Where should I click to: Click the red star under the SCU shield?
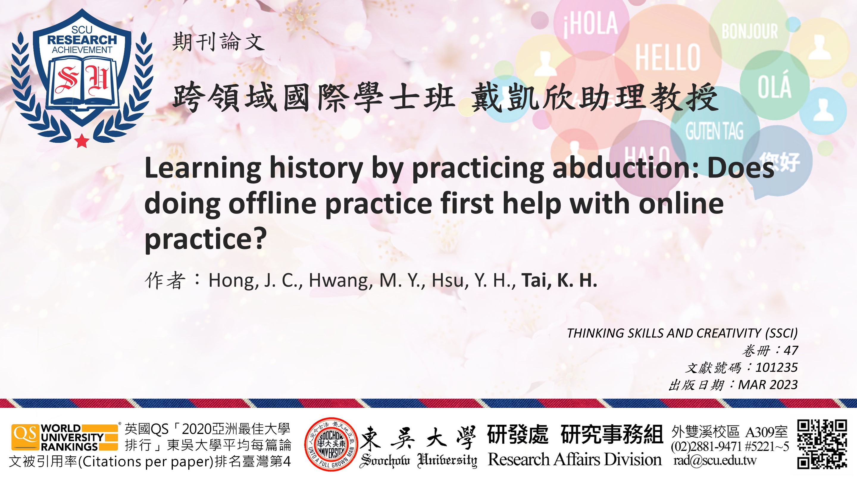(x=82, y=141)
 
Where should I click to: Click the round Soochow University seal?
(x=331, y=444)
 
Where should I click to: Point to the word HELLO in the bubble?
(x=668, y=57)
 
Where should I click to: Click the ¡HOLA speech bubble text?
(x=590, y=23)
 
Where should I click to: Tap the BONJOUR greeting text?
(x=750, y=31)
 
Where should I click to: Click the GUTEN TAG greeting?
(x=714, y=131)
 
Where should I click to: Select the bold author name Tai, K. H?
(x=559, y=280)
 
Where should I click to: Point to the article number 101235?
(x=776, y=367)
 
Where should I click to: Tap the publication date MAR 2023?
(x=768, y=385)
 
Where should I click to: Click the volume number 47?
(x=790, y=350)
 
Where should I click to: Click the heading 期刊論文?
(x=218, y=42)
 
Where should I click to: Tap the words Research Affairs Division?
(x=575, y=460)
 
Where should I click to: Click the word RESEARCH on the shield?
(x=82, y=40)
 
